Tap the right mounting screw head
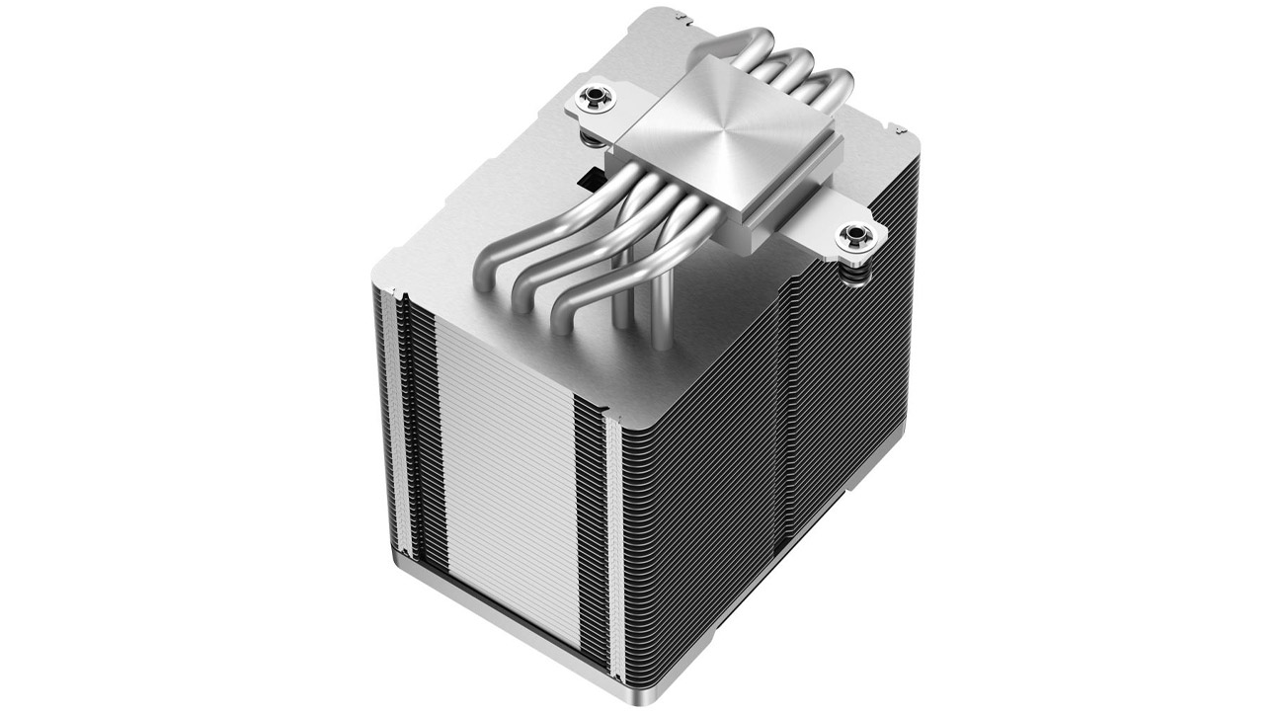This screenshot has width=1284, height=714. tap(848, 237)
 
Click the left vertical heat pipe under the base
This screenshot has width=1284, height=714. tap(622, 296)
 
